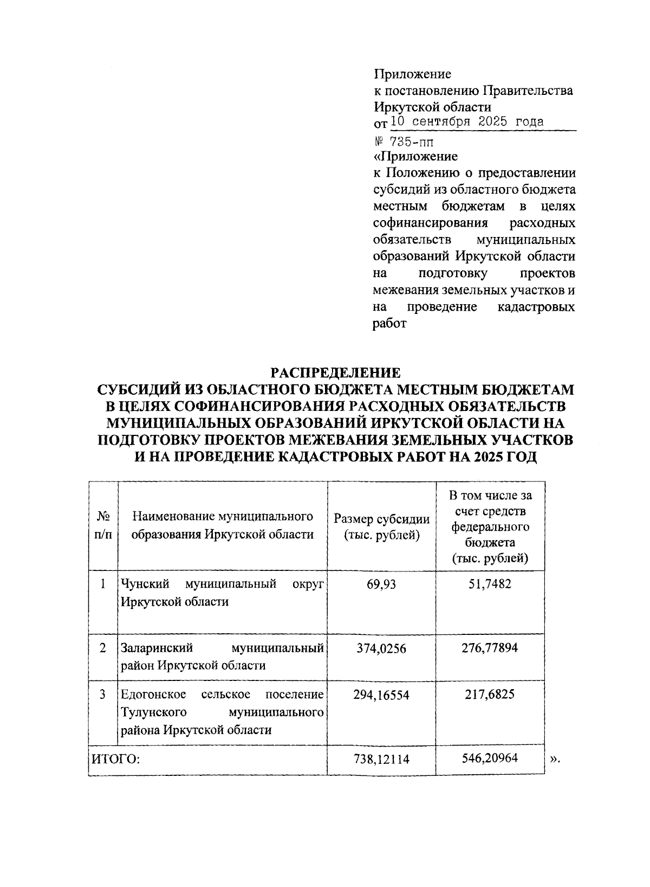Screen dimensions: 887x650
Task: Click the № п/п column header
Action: click(103, 525)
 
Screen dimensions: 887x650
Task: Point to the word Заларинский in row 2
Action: click(157, 648)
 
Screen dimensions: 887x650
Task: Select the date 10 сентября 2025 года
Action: click(467, 121)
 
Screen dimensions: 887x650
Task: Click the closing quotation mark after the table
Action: click(554, 759)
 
